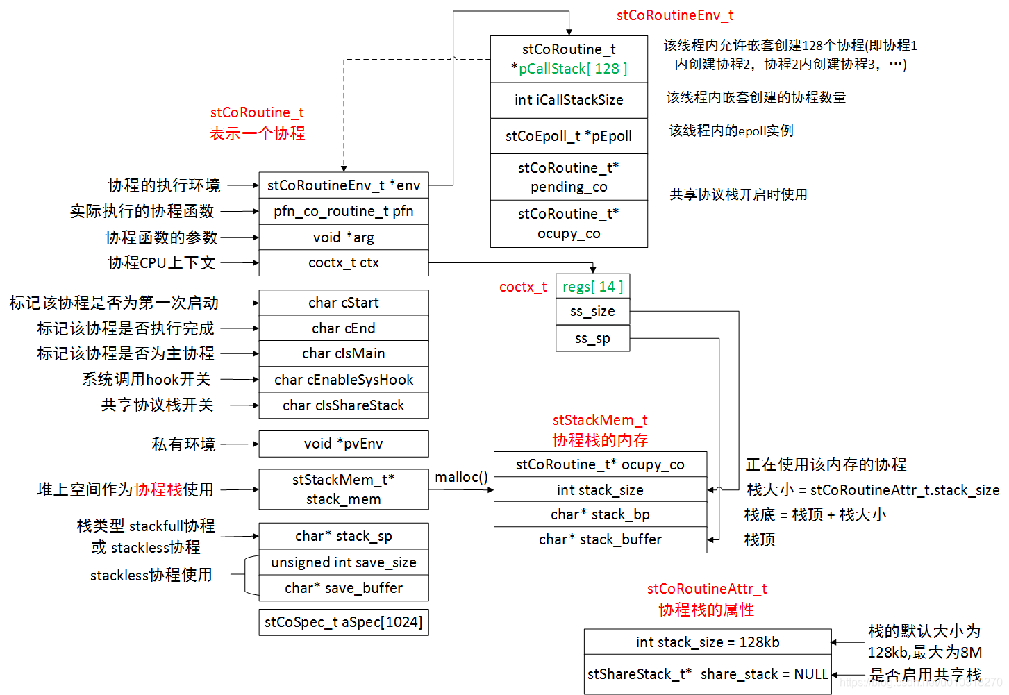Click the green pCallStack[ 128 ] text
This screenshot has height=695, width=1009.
(573, 69)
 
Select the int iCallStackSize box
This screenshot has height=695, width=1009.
(569, 100)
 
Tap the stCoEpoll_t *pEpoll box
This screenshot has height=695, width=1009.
(569, 136)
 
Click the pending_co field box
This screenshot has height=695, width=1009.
(569, 177)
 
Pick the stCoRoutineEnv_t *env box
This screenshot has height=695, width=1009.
(344, 185)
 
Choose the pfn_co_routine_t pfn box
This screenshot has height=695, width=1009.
(344, 211)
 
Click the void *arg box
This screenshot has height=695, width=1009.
(344, 237)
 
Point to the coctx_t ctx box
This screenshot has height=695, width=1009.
(344, 262)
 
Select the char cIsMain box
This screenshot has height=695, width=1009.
(344, 353)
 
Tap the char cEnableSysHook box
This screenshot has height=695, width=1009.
(344, 380)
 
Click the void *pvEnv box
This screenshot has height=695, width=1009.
(344, 444)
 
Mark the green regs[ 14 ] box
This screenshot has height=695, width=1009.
(593, 287)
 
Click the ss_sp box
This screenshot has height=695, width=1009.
(593, 339)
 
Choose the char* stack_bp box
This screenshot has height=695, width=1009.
(600, 514)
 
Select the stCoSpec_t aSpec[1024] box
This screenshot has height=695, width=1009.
(344, 622)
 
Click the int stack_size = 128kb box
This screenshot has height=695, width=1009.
(708, 642)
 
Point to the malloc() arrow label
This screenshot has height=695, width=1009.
(461, 477)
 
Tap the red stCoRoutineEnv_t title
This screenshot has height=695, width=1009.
(675, 15)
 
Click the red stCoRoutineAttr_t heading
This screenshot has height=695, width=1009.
(707, 589)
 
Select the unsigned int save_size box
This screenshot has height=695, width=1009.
(344, 562)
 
